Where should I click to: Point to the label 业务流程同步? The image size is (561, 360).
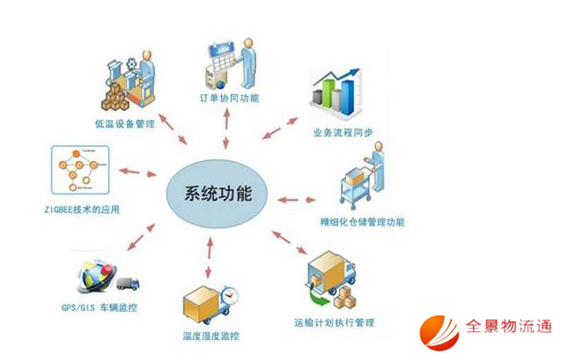click(x=343, y=132)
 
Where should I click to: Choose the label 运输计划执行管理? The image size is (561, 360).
click(x=333, y=321)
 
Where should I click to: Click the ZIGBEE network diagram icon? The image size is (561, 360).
click(x=81, y=171)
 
